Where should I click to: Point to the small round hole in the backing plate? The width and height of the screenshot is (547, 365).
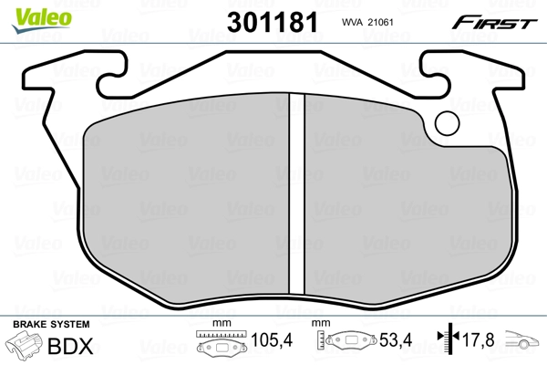coord(447,121)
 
